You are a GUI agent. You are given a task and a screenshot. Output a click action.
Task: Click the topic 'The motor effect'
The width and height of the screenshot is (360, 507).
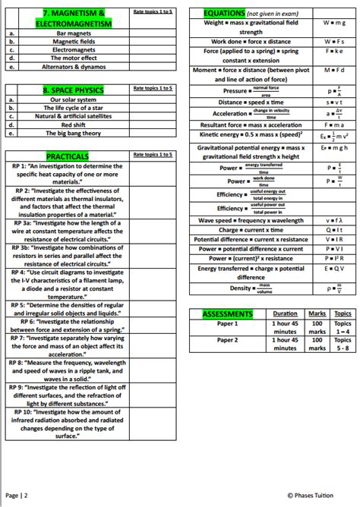pyautogui.click(x=73, y=58)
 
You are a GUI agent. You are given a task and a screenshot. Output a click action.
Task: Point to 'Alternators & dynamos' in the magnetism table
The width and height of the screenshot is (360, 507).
pyautogui.click(x=73, y=67)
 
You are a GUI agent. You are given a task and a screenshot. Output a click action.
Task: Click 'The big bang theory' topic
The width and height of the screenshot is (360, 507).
pyautogui.click(x=73, y=133)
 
